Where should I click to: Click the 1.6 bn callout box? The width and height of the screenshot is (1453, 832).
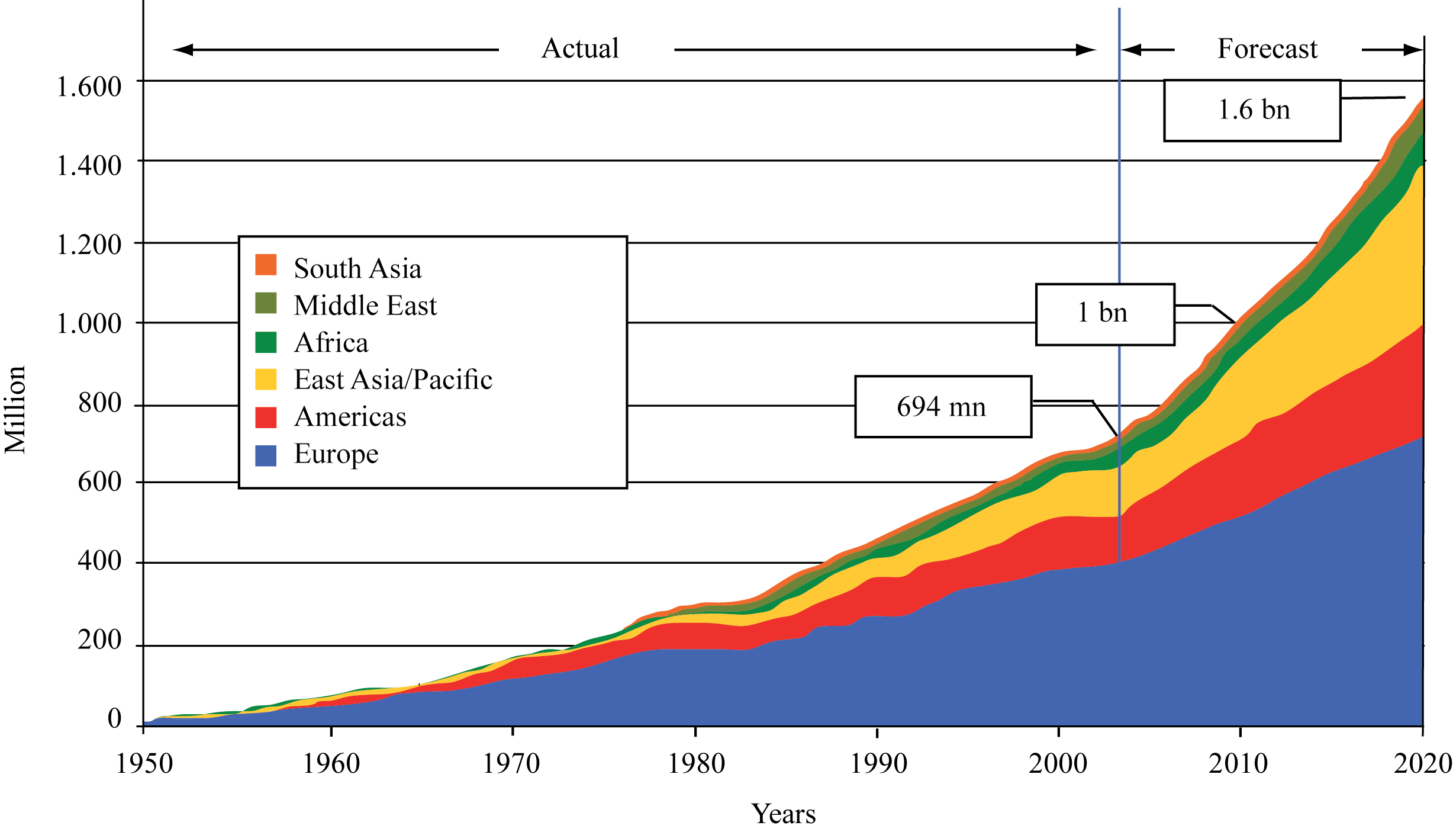pos(1252,111)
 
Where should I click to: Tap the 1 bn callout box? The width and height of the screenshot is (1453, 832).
pos(1104,314)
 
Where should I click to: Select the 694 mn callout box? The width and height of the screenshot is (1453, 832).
pos(943,407)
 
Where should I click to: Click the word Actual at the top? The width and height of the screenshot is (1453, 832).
pos(580,49)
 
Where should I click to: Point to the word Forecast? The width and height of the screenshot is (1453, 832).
pos(1267,49)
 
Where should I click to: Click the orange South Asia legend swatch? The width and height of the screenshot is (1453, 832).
pos(266,265)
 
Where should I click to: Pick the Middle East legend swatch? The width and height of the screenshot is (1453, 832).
pos(266,303)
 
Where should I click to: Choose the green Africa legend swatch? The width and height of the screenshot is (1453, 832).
pos(266,342)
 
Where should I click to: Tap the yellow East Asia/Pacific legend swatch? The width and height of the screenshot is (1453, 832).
pos(266,379)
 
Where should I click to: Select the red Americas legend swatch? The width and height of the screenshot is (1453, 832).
pos(266,417)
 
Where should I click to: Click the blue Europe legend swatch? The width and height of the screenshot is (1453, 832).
pos(266,455)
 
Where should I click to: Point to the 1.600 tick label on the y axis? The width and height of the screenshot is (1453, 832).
pos(89,87)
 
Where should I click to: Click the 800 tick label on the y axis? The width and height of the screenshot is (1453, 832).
pos(99,403)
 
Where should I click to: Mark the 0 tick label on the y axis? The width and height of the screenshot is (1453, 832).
pos(114,719)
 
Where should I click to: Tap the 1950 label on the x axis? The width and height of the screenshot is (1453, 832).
pos(144,764)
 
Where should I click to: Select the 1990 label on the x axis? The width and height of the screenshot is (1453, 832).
pos(878,764)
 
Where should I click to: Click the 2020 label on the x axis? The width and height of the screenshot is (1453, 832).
pos(1422,764)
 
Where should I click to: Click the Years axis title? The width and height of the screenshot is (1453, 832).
pos(784,814)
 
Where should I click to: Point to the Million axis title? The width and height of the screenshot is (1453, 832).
pos(16,410)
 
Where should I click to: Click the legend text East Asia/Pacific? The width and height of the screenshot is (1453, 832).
pos(393,380)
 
